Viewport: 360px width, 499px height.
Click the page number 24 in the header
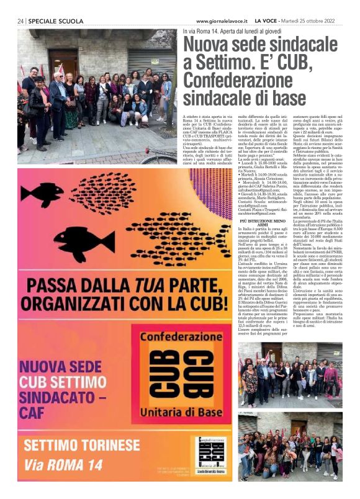(20, 21)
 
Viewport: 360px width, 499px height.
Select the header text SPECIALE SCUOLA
(56, 21)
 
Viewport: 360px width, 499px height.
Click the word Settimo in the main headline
(218, 63)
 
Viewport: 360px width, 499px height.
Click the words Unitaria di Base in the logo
(174, 411)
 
